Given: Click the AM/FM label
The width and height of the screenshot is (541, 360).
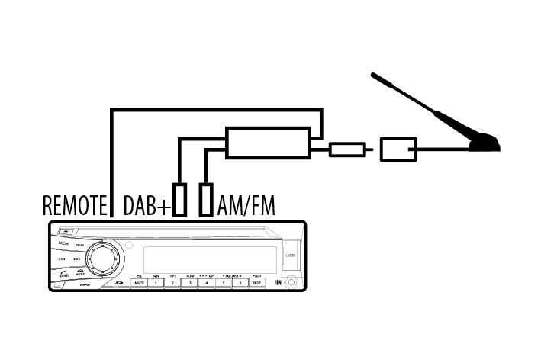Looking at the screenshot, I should (x=246, y=205).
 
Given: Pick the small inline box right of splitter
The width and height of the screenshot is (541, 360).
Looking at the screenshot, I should (x=347, y=149).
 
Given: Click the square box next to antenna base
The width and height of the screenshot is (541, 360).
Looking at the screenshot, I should (x=398, y=149).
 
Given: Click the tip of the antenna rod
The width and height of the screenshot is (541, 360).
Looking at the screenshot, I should (x=374, y=76).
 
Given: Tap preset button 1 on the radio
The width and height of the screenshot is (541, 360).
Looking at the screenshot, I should (x=156, y=282).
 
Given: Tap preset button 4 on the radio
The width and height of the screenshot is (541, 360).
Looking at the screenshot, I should (x=206, y=282).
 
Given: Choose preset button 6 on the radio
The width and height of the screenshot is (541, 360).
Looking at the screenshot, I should (x=240, y=282).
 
